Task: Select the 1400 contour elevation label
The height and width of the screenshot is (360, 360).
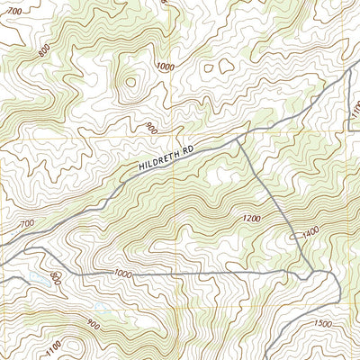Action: (x=311, y=232)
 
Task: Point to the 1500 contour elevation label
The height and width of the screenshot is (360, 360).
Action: (x=324, y=324)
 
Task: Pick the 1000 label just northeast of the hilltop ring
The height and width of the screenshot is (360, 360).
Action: (x=164, y=67)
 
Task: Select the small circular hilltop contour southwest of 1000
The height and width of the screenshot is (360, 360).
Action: (x=130, y=83)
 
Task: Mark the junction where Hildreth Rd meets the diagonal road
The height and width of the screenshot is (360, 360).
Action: (x=237, y=139)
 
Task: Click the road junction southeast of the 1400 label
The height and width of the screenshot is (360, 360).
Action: (x=312, y=271)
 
